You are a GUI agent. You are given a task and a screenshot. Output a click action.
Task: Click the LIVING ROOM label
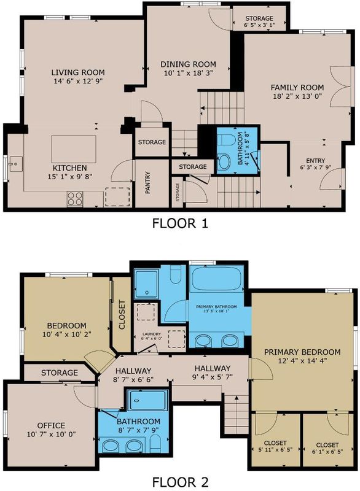[78, 72]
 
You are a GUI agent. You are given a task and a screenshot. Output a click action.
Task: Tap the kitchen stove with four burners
[75, 198]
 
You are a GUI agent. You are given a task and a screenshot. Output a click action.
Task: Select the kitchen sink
[14, 164]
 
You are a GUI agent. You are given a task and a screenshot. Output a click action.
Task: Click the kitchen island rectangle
[74, 149]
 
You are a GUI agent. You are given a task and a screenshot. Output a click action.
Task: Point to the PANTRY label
[148, 182]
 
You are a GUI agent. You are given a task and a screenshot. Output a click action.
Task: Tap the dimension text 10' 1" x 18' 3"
[188, 73]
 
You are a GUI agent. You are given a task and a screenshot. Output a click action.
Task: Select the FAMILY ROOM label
[297, 87]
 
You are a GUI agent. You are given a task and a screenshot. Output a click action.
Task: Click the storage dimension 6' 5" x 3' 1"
[259, 25]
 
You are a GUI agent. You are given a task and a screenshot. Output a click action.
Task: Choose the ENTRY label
[316, 161]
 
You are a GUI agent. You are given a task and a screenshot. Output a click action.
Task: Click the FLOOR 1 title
[180, 223]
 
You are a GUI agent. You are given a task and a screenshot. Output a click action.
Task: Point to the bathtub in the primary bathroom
[217, 279]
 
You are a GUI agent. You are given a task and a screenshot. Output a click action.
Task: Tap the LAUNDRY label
[151, 334]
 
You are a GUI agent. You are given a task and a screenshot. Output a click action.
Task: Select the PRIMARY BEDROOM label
[302, 352]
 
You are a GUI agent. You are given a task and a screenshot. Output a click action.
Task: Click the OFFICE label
[52, 425]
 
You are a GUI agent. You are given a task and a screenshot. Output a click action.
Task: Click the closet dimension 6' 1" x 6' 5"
[327, 452]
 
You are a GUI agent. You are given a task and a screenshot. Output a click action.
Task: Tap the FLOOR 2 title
[180, 482]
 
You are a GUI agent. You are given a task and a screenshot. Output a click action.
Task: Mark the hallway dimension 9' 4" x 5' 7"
[213, 377]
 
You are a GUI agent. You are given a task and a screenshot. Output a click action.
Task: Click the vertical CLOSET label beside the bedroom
[122, 315]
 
